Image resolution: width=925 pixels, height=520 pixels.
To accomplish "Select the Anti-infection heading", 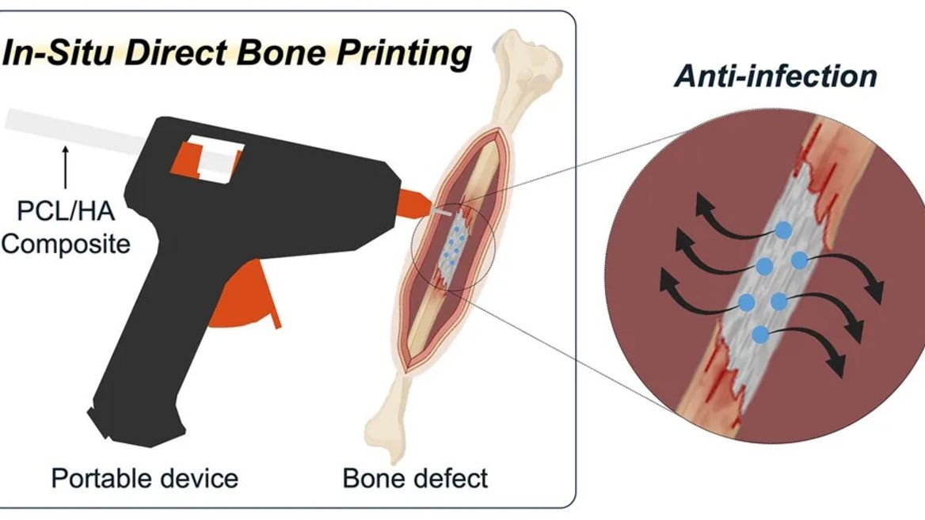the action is pyautogui.click(x=775, y=75).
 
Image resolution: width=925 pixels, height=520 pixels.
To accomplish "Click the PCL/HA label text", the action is pyautogui.click(x=66, y=211).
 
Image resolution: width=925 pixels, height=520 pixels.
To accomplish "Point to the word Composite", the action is pyautogui.click(x=66, y=243).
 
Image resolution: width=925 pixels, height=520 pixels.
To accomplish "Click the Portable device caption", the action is pyautogui.click(x=144, y=477).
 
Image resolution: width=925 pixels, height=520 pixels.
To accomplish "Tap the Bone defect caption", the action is pyautogui.click(x=415, y=477).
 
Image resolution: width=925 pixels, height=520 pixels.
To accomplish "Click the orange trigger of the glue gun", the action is pyautogui.click(x=248, y=294).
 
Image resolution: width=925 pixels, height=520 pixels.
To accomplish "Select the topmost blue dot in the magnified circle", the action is pyautogui.click(x=782, y=230).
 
